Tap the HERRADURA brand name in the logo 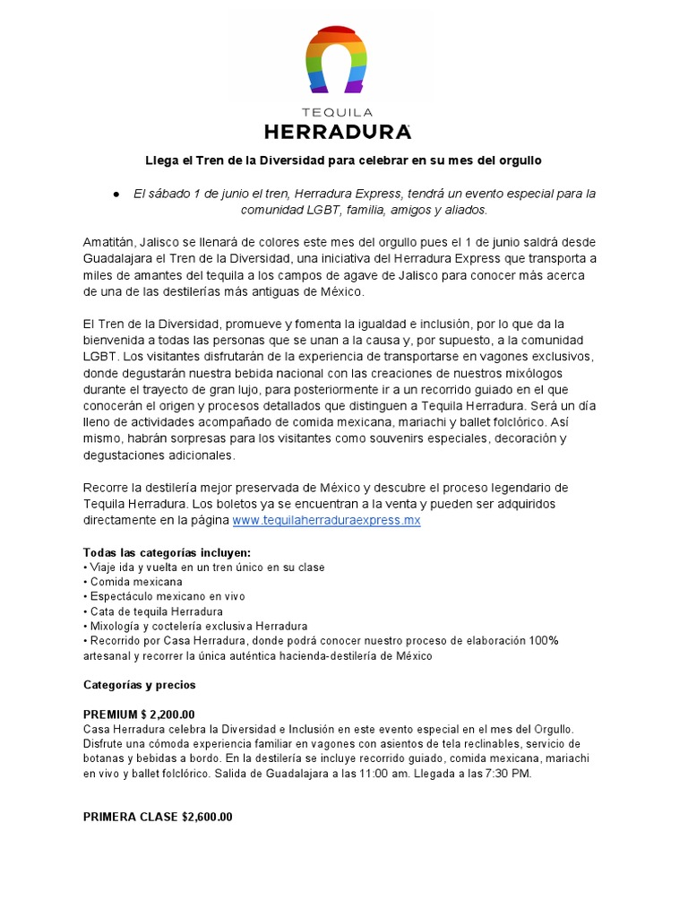[x=338, y=132]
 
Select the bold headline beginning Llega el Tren [x=344, y=160]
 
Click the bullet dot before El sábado [x=116, y=194]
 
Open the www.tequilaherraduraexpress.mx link [x=326, y=520]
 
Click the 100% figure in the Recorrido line [x=542, y=640]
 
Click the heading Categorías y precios [x=139, y=685]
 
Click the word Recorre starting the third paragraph [x=107, y=488]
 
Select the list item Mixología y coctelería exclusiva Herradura [x=197, y=626]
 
